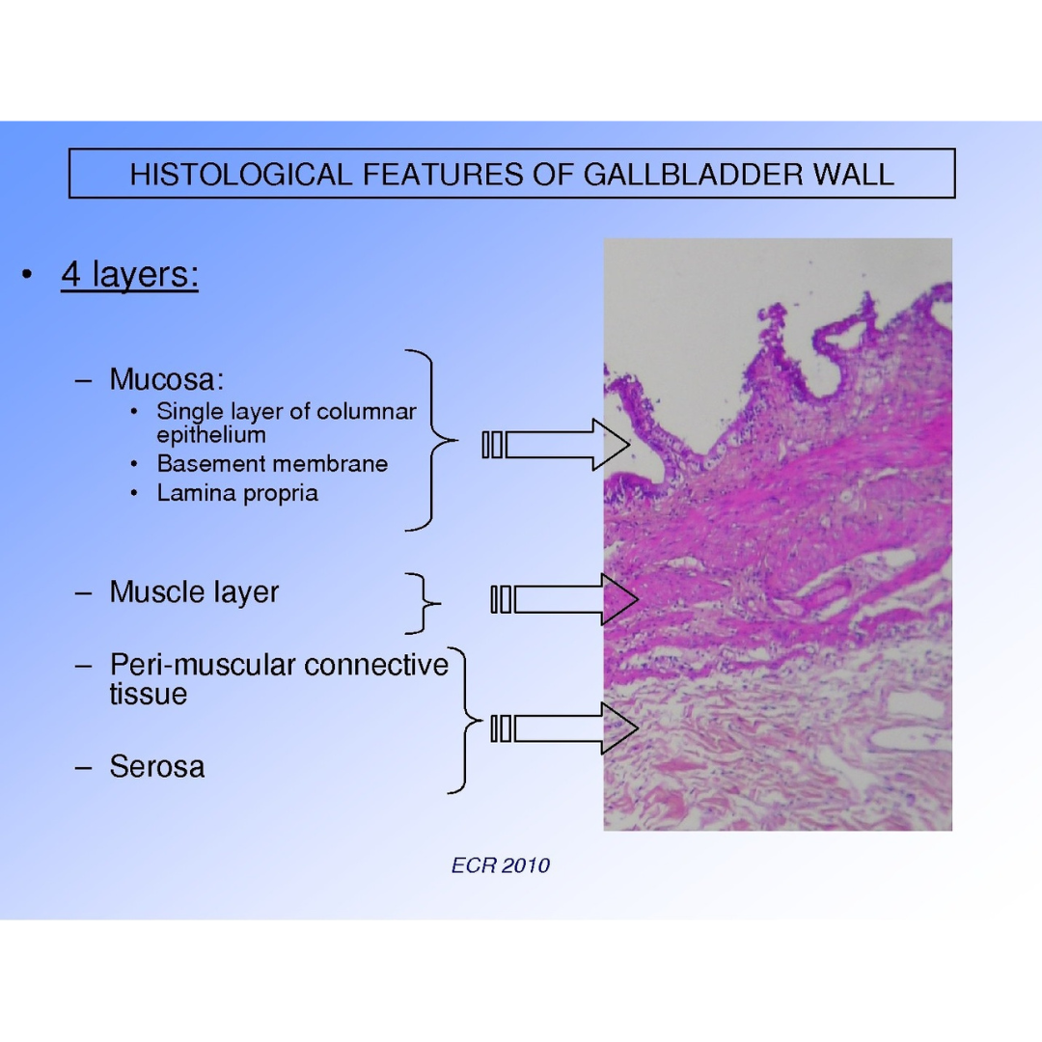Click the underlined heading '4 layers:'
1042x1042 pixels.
click(x=129, y=276)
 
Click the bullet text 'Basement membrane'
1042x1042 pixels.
click(x=272, y=464)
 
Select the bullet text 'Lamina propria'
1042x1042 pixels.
click(x=237, y=494)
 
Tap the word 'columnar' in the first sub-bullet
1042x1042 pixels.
click(x=372, y=412)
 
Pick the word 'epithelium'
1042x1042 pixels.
click(x=210, y=434)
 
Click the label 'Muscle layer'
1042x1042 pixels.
click(x=194, y=591)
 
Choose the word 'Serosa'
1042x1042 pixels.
click(x=156, y=767)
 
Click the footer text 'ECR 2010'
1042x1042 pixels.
click(x=500, y=865)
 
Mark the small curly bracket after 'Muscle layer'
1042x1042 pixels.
click(x=422, y=604)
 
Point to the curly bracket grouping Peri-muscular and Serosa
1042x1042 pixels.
click(x=464, y=720)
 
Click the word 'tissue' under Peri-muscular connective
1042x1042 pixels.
click(x=148, y=694)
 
